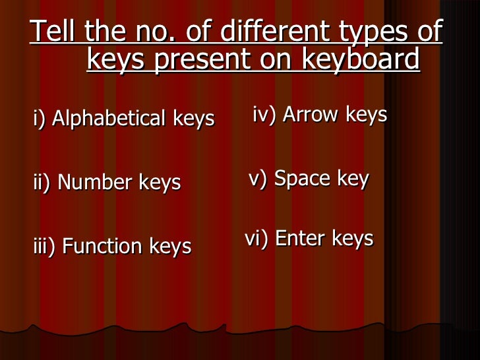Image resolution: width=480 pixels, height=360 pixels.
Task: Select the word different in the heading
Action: (258, 31)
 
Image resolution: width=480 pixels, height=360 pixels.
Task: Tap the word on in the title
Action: (281, 60)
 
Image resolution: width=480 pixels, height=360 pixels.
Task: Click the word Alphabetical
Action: (109, 119)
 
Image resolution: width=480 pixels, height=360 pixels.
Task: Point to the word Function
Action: (102, 247)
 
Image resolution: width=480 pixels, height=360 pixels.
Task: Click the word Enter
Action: (300, 238)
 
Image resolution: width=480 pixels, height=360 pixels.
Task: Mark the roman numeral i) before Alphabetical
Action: (39, 119)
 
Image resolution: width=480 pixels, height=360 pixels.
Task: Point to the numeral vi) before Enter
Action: (256, 238)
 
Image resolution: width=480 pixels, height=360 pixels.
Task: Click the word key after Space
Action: (353, 179)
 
